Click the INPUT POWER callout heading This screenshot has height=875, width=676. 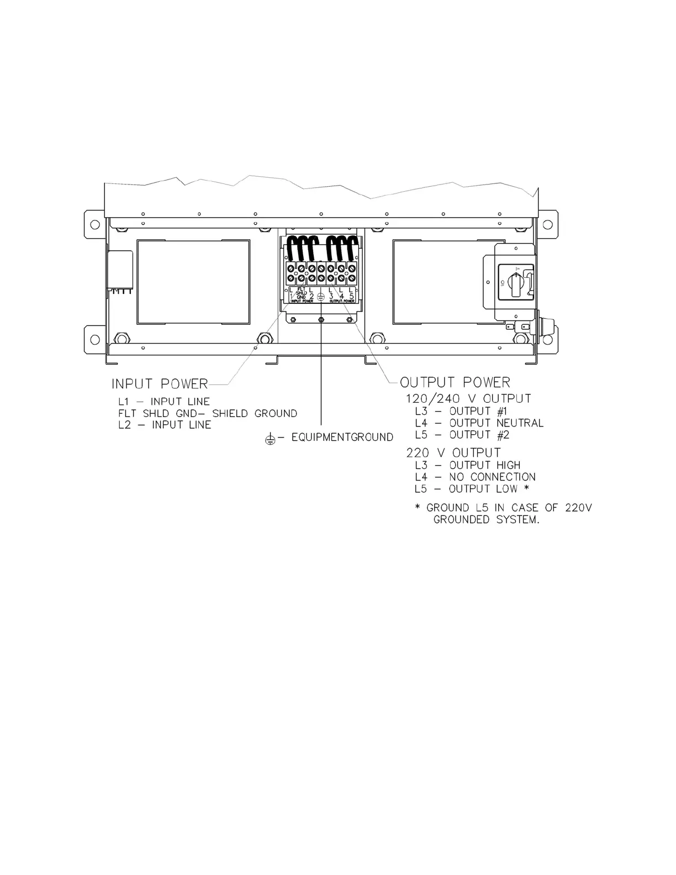[x=160, y=383]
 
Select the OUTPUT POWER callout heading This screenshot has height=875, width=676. [x=455, y=382]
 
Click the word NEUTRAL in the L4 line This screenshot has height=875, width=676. [x=520, y=423]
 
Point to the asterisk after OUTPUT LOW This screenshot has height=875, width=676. [x=527, y=488]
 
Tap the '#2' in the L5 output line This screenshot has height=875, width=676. [x=503, y=435]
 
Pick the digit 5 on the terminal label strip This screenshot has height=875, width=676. [x=352, y=296]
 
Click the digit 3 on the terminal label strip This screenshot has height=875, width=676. [x=331, y=296]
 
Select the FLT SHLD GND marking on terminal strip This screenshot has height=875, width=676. [x=301, y=293]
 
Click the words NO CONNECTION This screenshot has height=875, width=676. [x=493, y=477]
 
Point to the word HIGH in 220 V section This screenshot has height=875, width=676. [x=508, y=465]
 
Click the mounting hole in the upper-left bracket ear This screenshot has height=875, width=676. [x=95, y=224]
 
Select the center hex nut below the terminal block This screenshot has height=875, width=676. [x=321, y=320]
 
